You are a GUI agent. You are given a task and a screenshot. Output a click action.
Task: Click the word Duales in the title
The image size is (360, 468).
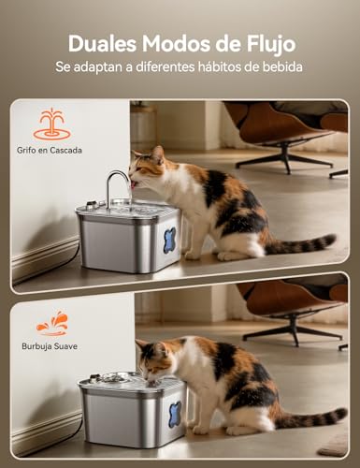pos(100,43)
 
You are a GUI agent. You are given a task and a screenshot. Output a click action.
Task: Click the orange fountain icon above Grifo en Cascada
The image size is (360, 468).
pos(51,124)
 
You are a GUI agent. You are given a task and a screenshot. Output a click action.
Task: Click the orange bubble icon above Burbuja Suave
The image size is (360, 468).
pos(51,324)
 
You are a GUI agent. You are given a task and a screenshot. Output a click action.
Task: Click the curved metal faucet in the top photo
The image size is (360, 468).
pos(115,183)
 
